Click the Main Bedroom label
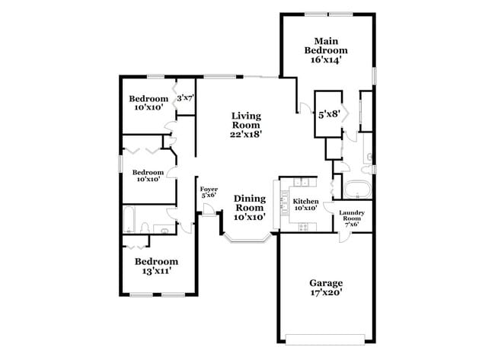[327, 45]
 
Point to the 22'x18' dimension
[246, 134]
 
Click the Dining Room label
[249, 202]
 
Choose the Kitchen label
[305, 202]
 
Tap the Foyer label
[209, 190]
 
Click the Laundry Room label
[351, 216]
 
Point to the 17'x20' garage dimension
[326, 295]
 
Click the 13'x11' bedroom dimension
[156, 270]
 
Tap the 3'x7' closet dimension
[186, 98]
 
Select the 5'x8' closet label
[328, 114]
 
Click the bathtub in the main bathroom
[356, 189]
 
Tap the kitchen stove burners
[303, 226]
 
